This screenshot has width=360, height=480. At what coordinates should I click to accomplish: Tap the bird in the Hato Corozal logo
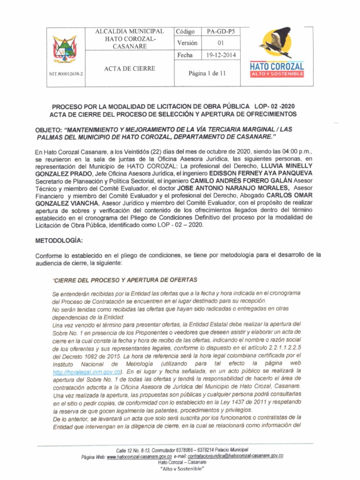[x=276, y=42]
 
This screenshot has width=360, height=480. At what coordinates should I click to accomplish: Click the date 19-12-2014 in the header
[x=221, y=55]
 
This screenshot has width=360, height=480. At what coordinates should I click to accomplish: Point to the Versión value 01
[x=221, y=43]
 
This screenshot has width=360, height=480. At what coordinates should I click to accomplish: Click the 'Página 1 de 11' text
[x=207, y=74]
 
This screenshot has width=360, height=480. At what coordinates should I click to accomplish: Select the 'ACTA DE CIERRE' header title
[x=129, y=68]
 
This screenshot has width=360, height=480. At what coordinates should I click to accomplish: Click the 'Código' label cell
[x=187, y=31]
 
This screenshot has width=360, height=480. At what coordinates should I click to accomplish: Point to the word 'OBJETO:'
[x=50, y=130]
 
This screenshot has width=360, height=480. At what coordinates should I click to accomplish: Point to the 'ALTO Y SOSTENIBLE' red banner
[x=277, y=75]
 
